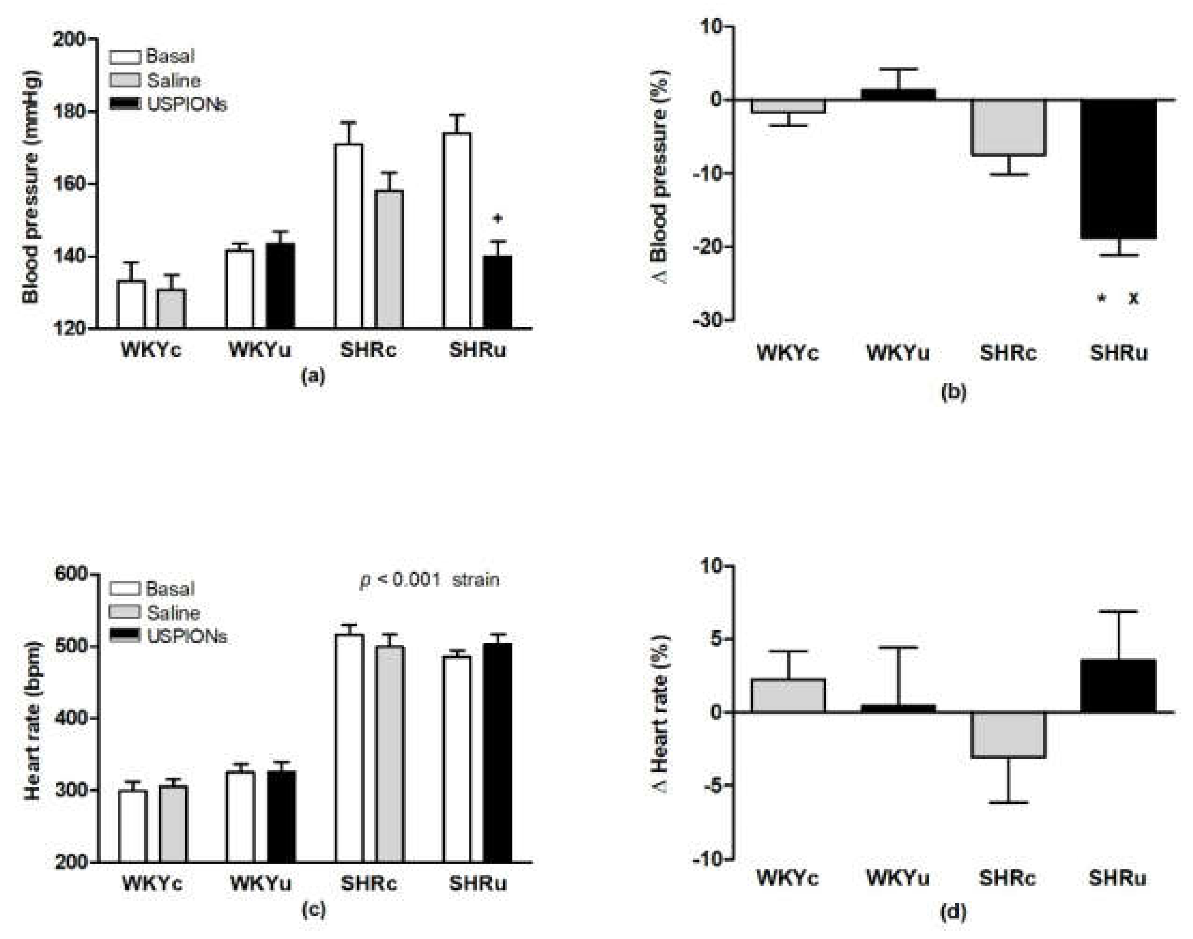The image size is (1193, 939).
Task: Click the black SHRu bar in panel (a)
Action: [x=497, y=292]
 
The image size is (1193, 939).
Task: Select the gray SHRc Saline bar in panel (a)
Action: [x=389, y=260]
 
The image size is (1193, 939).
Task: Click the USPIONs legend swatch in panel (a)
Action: [x=125, y=104]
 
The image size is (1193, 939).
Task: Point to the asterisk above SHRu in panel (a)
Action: [x=497, y=219]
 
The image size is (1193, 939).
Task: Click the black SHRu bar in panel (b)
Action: [x=1118, y=169]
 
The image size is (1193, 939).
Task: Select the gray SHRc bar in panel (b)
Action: [x=1008, y=128]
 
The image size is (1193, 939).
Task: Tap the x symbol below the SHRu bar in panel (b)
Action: [x=1134, y=298]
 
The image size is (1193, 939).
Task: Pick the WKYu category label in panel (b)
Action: [x=898, y=353]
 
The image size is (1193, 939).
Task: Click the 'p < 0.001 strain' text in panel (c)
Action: [x=429, y=580]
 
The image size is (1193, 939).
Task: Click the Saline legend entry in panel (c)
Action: [x=172, y=613]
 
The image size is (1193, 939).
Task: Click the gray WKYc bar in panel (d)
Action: [x=789, y=696]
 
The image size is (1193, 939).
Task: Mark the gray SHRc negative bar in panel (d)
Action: [x=1008, y=735]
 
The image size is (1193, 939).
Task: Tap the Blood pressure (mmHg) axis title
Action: [x=31, y=187]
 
